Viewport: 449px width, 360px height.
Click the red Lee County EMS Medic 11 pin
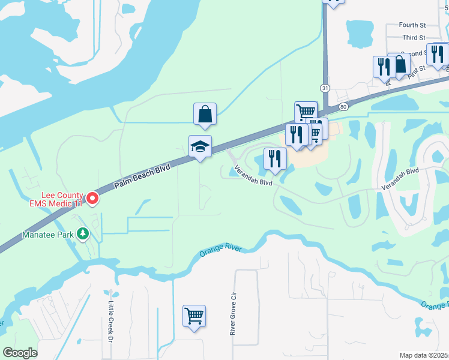coord(92,198)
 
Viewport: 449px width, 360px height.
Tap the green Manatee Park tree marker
coord(83,233)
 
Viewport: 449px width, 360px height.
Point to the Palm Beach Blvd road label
coord(142,177)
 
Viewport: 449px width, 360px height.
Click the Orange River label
coord(220,251)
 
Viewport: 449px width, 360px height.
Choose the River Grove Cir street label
coord(233,314)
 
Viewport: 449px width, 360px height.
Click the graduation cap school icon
coord(200,146)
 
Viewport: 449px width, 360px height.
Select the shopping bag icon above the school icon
coord(205,113)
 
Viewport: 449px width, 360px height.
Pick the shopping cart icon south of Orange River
coord(194,315)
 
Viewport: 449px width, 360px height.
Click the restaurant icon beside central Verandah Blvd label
coord(275,158)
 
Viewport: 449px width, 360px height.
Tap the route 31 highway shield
coord(325,88)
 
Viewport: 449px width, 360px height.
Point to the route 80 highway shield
coord(343,107)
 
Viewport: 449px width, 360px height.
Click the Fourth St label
coord(412,26)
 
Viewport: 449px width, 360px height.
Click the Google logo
coord(20,353)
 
